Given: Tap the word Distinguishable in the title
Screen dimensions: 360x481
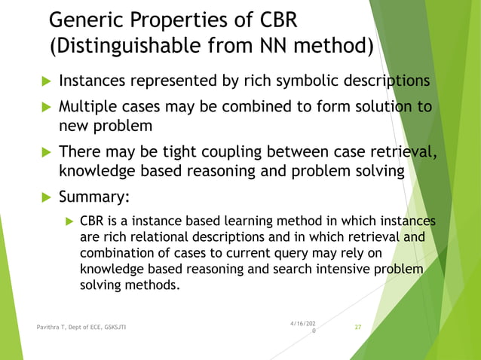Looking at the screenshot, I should [x=136, y=47].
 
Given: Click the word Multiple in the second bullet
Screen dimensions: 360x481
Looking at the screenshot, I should [x=88, y=107].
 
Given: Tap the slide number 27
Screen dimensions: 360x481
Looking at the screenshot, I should [x=358, y=328].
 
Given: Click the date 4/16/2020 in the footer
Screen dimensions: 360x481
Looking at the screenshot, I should [x=303, y=328].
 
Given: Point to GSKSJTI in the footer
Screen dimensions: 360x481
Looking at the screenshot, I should [x=121, y=328].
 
